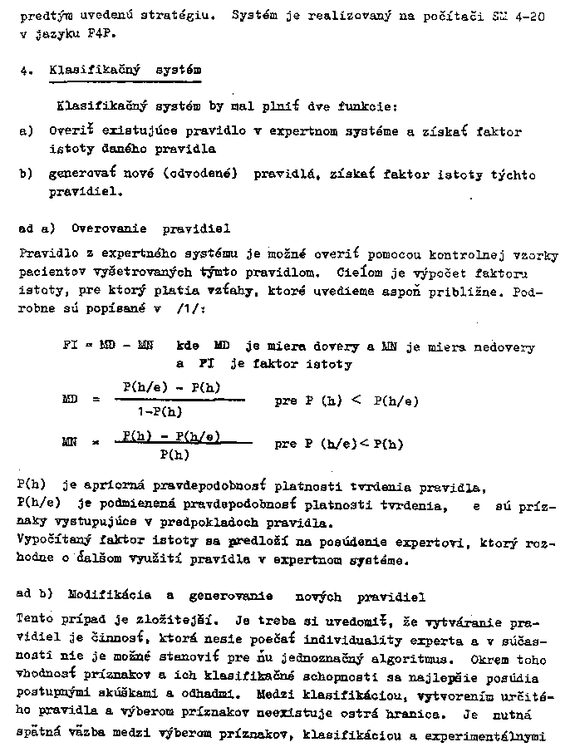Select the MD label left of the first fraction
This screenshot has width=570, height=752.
(x=70, y=401)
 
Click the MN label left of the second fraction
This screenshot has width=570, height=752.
(x=70, y=445)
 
